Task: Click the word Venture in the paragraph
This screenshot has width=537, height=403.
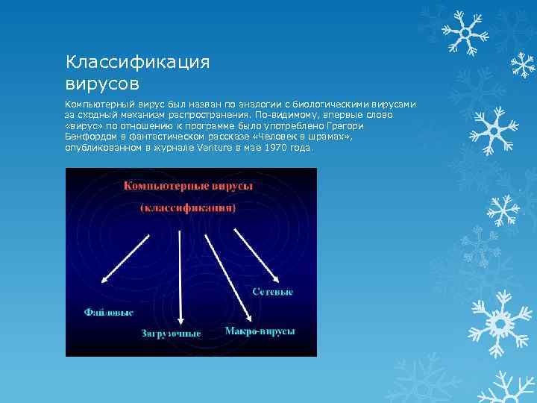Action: (x=216, y=148)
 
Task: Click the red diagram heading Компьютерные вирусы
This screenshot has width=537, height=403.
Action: (x=188, y=185)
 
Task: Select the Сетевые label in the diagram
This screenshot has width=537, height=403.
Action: (x=272, y=291)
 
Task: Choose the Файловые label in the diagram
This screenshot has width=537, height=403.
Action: (x=109, y=311)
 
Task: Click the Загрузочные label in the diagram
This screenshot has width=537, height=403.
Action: (x=171, y=333)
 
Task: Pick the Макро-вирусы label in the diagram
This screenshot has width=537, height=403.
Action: (x=260, y=329)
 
